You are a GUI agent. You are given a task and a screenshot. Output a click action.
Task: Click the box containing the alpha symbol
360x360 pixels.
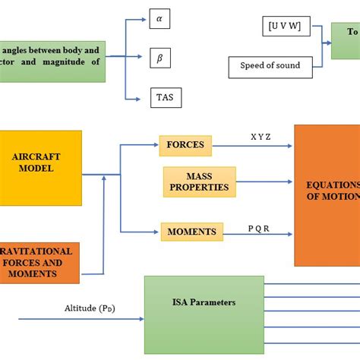[x=159, y=18]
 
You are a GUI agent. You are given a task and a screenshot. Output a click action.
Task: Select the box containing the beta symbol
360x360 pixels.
[x=159, y=57]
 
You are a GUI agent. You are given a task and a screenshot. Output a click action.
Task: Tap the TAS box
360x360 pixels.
[x=165, y=98]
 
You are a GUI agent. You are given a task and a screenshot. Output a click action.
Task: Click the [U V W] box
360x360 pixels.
[x=283, y=27]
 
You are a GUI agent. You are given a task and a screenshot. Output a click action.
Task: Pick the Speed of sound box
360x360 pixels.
[x=270, y=66]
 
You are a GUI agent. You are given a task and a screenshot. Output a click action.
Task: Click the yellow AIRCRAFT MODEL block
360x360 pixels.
[x=39, y=168]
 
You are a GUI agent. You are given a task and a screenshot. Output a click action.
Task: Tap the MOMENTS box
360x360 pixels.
[x=191, y=231]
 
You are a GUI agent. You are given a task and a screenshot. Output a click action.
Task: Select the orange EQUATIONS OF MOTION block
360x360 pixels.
[x=327, y=195]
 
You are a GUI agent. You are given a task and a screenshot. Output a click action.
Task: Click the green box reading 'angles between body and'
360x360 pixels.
[x=53, y=61]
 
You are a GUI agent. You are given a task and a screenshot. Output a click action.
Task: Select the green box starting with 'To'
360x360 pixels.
[x=346, y=40]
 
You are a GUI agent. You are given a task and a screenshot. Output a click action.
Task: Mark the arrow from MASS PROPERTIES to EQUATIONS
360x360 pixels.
[x=261, y=182]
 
